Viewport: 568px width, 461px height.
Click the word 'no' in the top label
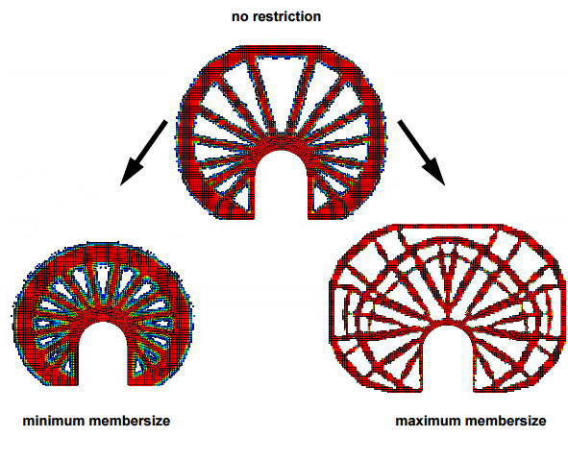(x=240, y=16)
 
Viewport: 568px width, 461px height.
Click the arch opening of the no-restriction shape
(x=281, y=184)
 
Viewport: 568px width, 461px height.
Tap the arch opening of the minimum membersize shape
(x=103, y=354)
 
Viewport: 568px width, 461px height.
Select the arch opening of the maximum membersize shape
(x=448, y=359)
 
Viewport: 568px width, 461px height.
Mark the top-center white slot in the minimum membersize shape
(x=102, y=280)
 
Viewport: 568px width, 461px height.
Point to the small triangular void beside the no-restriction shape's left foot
(x=242, y=201)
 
